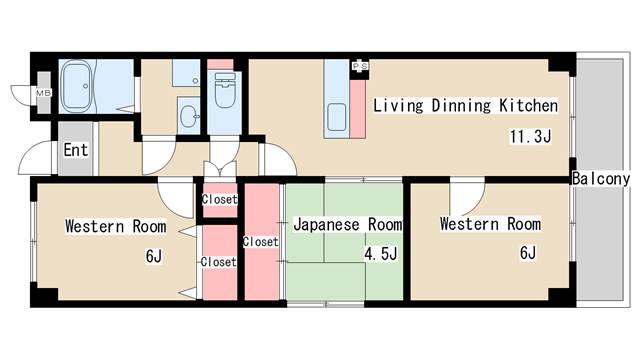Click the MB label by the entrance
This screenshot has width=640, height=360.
pos(43,94)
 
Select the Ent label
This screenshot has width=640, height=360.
pos(76,151)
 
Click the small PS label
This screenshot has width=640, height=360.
pos(360,66)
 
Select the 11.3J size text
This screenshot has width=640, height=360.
pos(530,137)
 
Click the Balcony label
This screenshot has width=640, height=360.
pos(601,179)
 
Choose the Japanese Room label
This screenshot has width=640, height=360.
pos(348,224)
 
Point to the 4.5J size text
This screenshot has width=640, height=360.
pos(381,254)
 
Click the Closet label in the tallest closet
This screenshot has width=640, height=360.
pos(260,241)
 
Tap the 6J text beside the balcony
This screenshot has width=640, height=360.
pos(527,252)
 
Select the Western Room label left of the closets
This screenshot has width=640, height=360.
pos(115,225)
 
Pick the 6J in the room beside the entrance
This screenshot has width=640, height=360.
pos(153,256)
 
